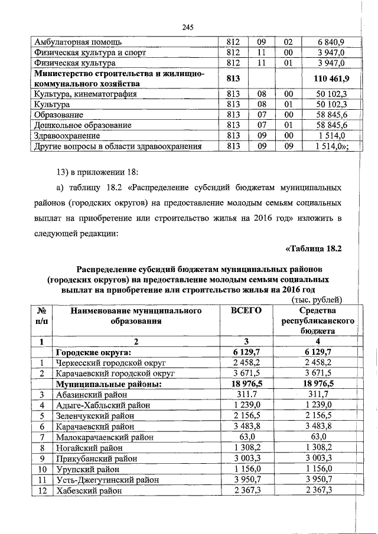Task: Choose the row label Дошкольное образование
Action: pyautogui.click(x=82, y=125)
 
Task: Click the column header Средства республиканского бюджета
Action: pyautogui.click(x=318, y=321)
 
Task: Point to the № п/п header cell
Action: pyautogui.click(x=42, y=316)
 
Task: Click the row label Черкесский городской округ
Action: pyautogui.click(x=110, y=363)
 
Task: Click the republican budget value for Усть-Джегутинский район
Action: pyautogui.click(x=318, y=480)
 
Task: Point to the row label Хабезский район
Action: pyautogui.click(x=90, y=490)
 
